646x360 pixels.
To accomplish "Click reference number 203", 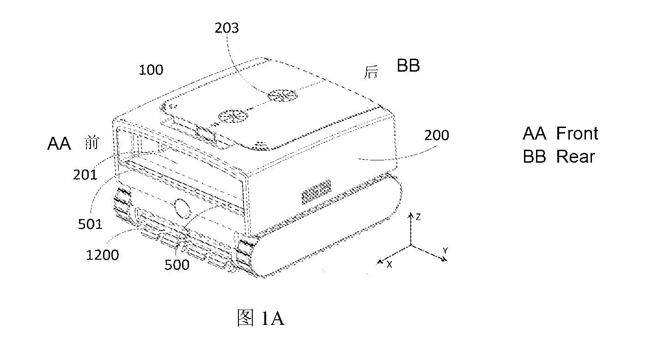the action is click(227, 28).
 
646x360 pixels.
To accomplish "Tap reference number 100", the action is click(151, 70).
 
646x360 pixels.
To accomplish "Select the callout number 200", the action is click(436, 135).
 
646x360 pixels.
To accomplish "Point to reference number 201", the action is click(85, 175).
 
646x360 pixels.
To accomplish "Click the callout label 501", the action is click(90, 224).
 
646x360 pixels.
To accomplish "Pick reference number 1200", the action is click(103, 255).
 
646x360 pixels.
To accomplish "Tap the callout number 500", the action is click(177, 265).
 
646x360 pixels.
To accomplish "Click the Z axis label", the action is click(418, 217).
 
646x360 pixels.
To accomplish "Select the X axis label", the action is click(390, 264).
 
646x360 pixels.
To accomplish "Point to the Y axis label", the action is click(445, 250).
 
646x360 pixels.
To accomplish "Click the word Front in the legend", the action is click(577, 133).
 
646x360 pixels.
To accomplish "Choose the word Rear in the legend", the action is click(575, 157).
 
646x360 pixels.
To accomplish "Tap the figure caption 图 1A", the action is click(261, 317).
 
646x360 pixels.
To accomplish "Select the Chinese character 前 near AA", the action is click(92, 143).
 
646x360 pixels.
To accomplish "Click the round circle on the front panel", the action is click(183, 208).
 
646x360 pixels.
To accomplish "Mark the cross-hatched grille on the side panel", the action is click(317, 191).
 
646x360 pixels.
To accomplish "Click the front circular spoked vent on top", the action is click(233, 116).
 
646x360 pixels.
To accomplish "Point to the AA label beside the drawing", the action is click(59, 143).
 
